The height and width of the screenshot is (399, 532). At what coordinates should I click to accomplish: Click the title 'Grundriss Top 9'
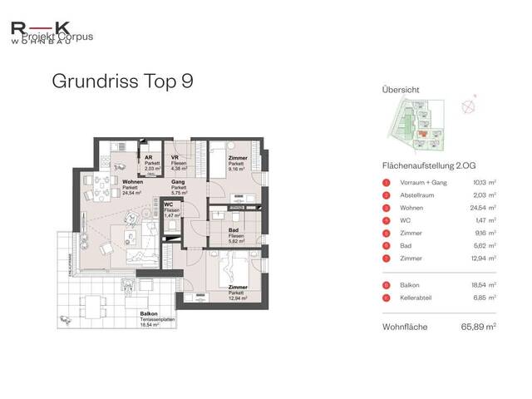click(x=122, y=81)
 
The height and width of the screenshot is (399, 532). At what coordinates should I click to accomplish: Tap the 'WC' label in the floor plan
click(x=169, y=204)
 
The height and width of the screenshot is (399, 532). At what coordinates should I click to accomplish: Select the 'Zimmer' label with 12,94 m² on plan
click(x=238, y=288)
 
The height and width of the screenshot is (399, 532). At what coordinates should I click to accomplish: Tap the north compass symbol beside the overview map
click(x=475, y=106)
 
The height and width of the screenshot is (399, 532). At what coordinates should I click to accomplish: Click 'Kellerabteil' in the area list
click(x=416, y=297)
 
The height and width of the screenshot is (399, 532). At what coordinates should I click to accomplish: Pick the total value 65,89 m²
click(x=480, y=327)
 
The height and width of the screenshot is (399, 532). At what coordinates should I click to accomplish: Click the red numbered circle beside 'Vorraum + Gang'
click(x=386, y=183)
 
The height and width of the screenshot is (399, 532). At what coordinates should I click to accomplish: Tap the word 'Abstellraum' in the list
click(x=415, y=195)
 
